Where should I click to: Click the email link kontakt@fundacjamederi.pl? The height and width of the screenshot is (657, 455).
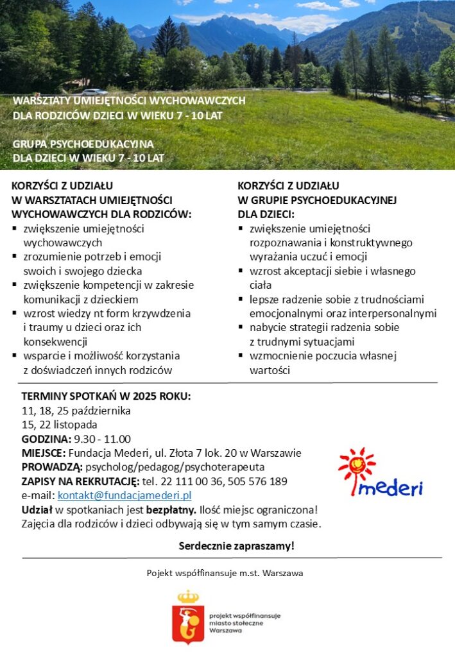tap(124, 495)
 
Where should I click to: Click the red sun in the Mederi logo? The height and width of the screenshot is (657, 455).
tap(357, 464)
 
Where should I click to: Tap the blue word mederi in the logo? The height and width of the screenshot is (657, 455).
tap(391, 488)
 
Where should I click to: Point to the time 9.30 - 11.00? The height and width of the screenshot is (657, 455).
tap(102, 439)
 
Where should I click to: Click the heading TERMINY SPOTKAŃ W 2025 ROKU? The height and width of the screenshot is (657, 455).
tap(106, 396)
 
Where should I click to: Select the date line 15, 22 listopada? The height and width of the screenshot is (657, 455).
tap(60, 425)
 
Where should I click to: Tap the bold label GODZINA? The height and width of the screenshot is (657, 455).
tap(46, 439)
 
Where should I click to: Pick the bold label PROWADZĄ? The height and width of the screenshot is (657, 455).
tap(52, 467)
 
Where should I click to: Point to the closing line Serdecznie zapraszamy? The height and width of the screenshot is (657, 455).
tap(236, 546)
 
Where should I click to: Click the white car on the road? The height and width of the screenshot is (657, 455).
tap(94, 92)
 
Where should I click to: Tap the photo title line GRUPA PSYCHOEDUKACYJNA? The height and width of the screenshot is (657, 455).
tap(83, 144)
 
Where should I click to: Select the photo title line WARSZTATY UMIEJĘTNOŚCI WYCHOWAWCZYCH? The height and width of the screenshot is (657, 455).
tap(129, 101)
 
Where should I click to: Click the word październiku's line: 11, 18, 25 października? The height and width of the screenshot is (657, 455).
tap(76, 411)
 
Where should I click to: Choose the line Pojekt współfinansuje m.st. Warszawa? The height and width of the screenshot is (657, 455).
tap(225, 572)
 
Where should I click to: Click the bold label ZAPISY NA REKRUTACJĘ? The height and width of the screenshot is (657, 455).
tap(80, 481)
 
